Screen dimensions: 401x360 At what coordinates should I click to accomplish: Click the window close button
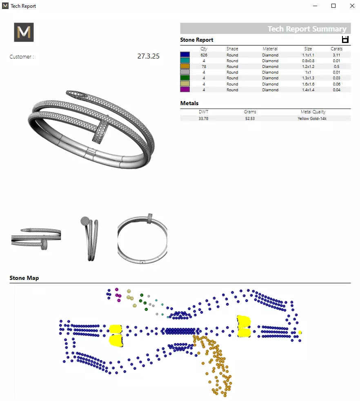click(352, 6)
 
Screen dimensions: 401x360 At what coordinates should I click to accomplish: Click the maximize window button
click(333, 6)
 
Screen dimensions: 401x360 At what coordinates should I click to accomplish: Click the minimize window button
click(315, 6)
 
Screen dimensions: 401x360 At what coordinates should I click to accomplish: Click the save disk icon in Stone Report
click(345, 39)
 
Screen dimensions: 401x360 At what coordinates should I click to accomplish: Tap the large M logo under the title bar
click(24, 32)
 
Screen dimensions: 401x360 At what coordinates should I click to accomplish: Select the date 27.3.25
click(148, 56)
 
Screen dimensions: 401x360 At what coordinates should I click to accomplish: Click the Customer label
click(22, 57)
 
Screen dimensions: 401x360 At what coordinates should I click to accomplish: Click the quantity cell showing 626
click(204, 55)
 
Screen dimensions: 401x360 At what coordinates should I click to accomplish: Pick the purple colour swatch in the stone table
click(185, 90)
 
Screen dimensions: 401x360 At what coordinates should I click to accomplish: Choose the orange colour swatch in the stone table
click(185, 66)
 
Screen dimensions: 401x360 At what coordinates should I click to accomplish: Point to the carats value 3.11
click(336, 55)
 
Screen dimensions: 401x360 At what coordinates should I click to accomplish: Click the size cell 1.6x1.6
click(308, 84)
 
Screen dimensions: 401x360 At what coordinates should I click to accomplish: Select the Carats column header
click(336, 49)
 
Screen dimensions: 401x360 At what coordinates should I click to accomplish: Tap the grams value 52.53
click(250, 118)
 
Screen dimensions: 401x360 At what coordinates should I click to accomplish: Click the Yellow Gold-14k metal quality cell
click(312, 118)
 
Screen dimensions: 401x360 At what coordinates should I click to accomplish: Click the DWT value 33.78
click(204, 118)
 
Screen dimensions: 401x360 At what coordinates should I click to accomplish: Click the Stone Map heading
click(24, 278)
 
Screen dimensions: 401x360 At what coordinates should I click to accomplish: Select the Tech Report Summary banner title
click(307, 29)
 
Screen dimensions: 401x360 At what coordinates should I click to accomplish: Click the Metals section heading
click(189, 103)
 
